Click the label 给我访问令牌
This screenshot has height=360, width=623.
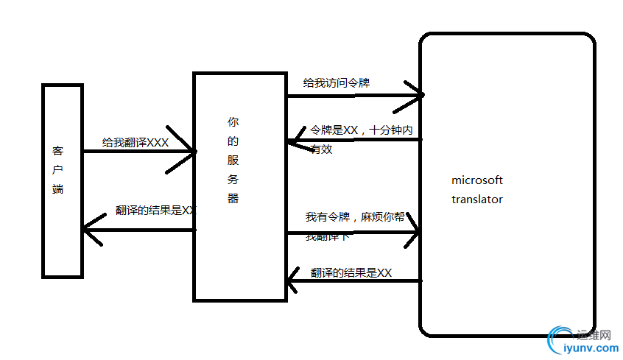pos(337,83)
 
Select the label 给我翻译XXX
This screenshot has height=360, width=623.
pos(135,142)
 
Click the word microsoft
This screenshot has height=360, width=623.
pos(477,180)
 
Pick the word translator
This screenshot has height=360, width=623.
pos(477,199)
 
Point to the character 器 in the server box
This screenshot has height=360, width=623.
pos(233,198)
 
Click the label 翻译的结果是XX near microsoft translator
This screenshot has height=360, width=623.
pos(351,273)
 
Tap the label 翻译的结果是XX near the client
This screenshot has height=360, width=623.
pos(156,210)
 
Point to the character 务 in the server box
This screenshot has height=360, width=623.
pos(233,179)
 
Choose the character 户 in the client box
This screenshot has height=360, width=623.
pos(58,170)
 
